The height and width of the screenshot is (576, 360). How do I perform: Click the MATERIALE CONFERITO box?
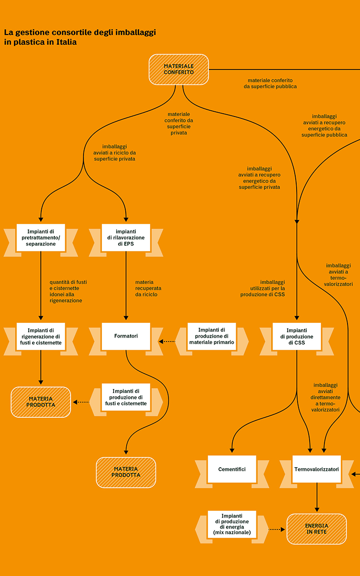click(179, 70)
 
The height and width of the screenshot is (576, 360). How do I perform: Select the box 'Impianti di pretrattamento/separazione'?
click(41, 237)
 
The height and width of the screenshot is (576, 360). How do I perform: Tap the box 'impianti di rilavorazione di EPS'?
click(126, 237)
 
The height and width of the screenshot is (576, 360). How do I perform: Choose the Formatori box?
click(126, 336)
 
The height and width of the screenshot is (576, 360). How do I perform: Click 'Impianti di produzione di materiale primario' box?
click(212, 336)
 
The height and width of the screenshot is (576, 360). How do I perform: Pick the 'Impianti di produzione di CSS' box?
click(297, 336)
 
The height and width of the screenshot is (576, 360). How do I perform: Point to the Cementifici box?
click(232, 469)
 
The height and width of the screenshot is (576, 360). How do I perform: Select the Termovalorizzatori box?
click(316, 469)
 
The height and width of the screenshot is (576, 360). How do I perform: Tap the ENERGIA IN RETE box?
click(316, 529)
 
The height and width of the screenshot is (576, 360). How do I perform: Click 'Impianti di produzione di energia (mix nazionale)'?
click(232, 524)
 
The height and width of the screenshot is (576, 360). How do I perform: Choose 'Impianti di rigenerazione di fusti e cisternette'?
click(41, 336)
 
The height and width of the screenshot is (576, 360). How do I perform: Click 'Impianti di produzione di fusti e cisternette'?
click(126, 397)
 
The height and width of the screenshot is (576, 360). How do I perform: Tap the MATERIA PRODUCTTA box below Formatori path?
click(126, 472)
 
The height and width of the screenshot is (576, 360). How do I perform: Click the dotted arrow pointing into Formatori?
click(167, 341)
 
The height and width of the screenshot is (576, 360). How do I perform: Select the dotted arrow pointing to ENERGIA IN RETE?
click(276, 529)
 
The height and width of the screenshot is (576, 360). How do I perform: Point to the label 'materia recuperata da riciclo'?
click(148, 288)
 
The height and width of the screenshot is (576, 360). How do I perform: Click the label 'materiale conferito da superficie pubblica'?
click(270, 83)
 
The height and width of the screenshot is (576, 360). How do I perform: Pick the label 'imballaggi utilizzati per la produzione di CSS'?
click(263, 288)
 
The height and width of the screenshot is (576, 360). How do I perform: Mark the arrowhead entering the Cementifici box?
click(232, 450)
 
